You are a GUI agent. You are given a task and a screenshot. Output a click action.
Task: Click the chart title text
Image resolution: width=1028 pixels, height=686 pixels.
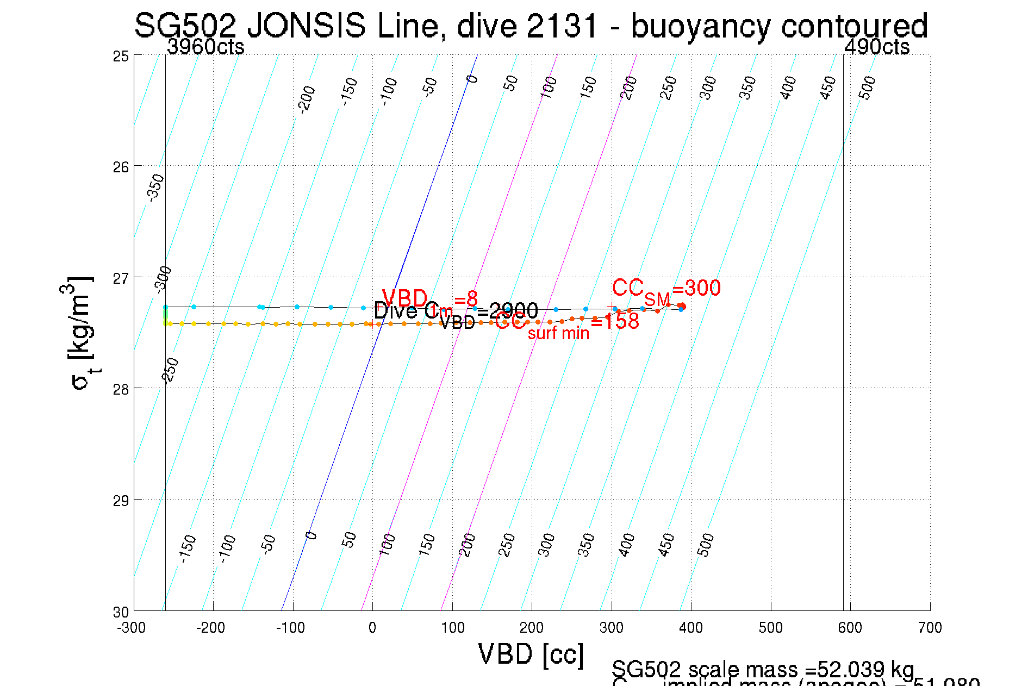tap(531, 26)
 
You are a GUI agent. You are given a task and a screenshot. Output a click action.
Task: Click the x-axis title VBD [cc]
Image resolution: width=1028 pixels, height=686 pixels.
tap(531, 654)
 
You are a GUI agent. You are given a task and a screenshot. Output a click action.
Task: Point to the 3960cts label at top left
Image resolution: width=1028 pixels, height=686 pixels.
tap(205, 47)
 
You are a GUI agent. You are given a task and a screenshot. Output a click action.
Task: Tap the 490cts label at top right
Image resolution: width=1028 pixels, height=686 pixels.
tap(876, 47)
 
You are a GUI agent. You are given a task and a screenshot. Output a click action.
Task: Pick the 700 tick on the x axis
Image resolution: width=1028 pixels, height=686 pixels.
tap(930, 628)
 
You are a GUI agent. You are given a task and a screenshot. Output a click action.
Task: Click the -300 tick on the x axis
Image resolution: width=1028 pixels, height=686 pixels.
tap(132, 628)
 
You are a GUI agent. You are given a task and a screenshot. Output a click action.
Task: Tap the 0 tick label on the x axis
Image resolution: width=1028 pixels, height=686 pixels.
tap(372, 628)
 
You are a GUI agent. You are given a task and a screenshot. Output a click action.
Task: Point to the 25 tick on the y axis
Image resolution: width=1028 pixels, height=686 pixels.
tap(121, 56)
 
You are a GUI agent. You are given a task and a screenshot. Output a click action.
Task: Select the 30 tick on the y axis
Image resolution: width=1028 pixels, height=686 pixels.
tap(121, 612)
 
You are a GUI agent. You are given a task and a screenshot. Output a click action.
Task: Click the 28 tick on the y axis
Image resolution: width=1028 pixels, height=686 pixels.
tap(121, 389)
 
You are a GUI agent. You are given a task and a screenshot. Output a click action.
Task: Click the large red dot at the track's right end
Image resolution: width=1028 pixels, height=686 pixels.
tap(682, 307)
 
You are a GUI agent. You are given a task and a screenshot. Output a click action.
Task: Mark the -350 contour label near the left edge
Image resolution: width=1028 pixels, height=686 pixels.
tap(156, 187)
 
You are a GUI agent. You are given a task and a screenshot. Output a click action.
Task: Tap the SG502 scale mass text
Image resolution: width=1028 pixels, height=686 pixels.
tap(762, 669)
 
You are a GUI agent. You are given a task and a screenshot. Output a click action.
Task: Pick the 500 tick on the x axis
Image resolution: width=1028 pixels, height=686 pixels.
tap(770, 628)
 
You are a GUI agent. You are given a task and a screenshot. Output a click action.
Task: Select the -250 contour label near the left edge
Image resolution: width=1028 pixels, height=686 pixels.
tap(171, 371)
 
